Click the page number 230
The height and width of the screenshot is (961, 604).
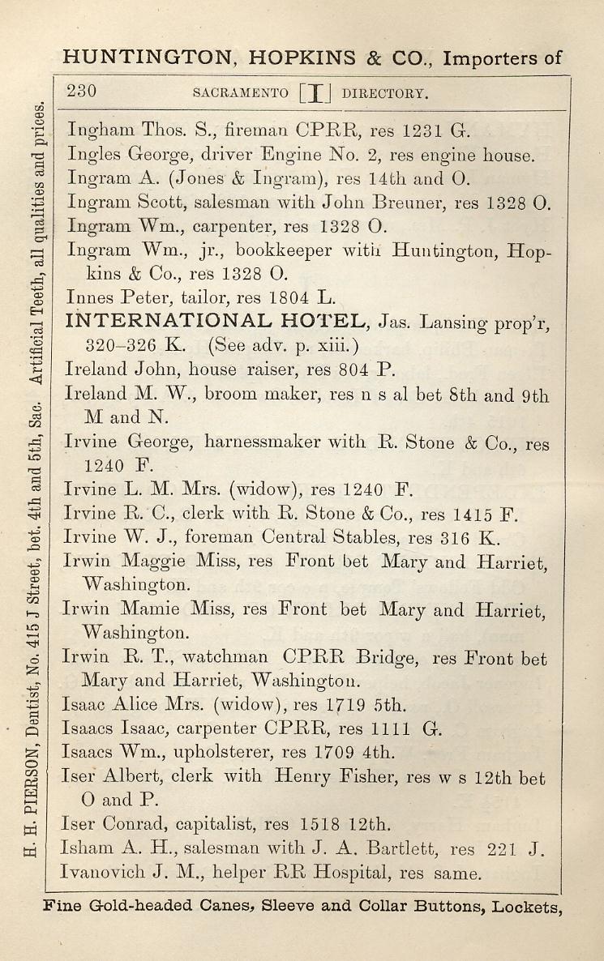coord(81,91)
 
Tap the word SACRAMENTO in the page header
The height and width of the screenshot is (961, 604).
coord(241,92)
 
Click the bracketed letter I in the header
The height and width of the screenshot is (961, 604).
coord(314,92)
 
